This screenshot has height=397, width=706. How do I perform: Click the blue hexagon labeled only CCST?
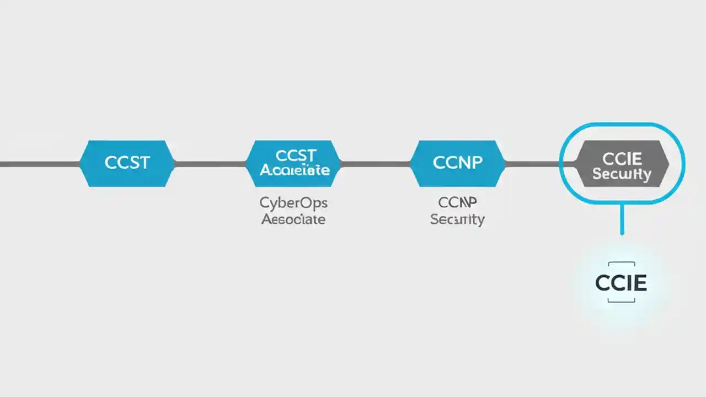[x=127, y=163]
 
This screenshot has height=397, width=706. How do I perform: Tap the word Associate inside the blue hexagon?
[x=295, y=170]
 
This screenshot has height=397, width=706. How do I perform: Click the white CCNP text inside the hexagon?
[x=457, y=163]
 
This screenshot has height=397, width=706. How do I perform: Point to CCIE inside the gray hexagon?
[x=622, y=159]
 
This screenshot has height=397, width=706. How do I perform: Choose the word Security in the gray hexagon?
[x=622, y=175]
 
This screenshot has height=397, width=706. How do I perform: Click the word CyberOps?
[x=293, y=203]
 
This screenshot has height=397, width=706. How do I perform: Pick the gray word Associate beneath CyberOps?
[x=293, y=219]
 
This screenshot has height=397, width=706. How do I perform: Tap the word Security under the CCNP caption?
[x=457, y=219]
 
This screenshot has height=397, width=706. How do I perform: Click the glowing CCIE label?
[x=621, y=283]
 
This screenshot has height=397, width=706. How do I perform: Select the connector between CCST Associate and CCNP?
[x=376, y=164]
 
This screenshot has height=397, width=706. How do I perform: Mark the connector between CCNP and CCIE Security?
[x=532, y=164]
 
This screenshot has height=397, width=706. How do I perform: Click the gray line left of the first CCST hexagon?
[x=39, y=164]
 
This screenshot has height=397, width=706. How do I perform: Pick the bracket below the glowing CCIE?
[x=621, y=301]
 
